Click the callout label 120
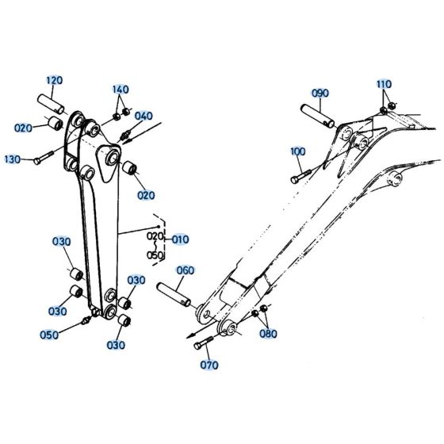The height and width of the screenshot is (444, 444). tap(54, 80)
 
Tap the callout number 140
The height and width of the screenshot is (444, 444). tap(121, 89)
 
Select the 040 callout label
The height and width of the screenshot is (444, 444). tap(144, 117)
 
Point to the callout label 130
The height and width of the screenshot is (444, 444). tap(13, 159)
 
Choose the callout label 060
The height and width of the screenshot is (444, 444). tap(185, 271)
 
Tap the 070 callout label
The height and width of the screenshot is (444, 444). tap(209, 366)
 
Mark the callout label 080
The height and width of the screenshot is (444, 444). tap(269, 334)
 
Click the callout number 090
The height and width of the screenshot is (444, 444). tap(320, 94)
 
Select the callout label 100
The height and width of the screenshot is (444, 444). tap(297, 151)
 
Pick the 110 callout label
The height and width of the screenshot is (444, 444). tap(384, 84)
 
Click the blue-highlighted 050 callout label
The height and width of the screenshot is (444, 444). tap(49, 335)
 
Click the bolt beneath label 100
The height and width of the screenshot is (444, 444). tap(300, 173)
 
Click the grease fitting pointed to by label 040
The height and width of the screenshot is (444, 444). tap(124, 140)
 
